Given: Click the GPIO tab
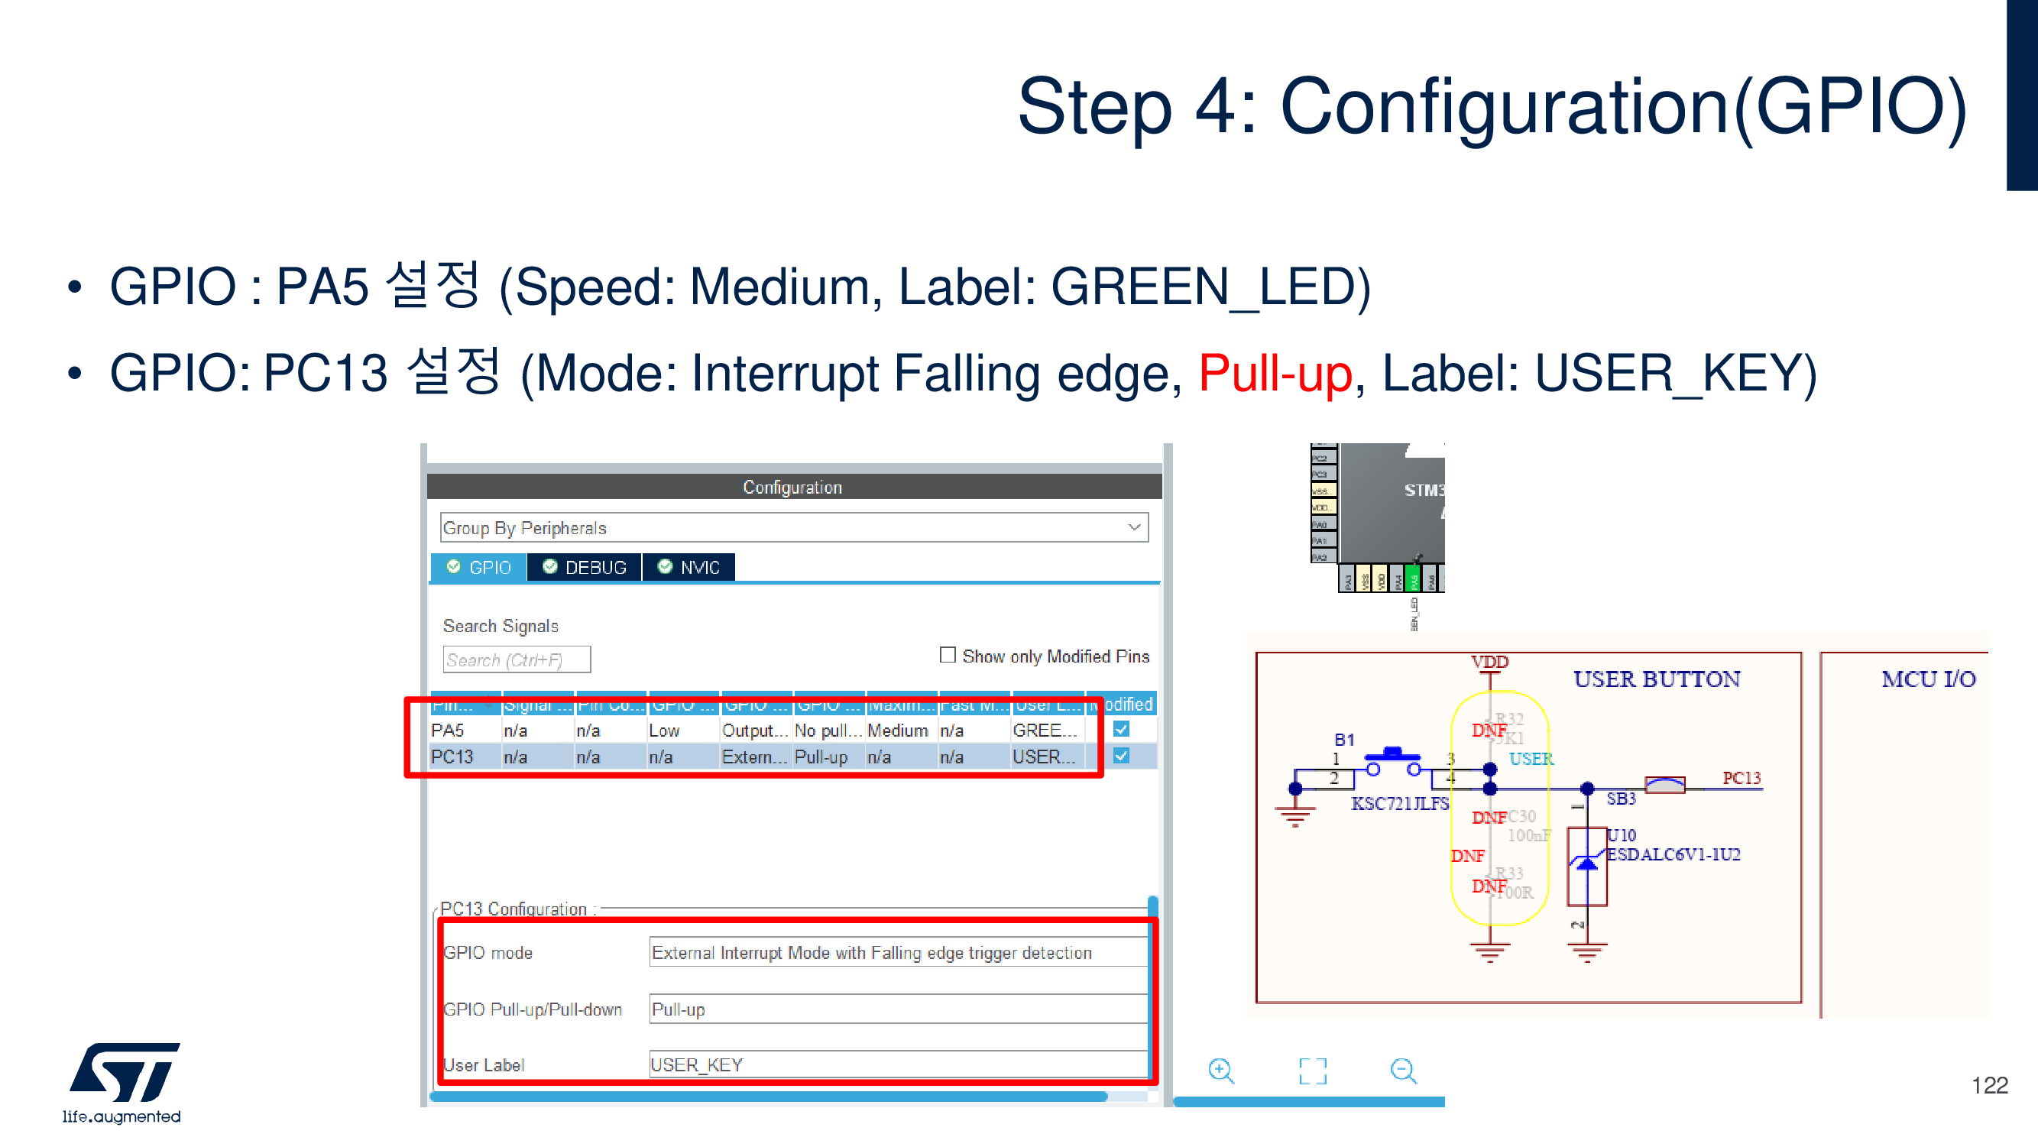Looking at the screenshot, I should tap(478, 567).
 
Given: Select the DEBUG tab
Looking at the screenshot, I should tap(585, 567).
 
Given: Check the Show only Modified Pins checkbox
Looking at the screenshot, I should tap(947, 655).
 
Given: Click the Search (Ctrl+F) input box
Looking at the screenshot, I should tap(516, 659).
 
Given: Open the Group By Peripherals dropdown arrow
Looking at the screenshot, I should tap(1134, 527).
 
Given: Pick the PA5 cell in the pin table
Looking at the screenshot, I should tap(448, 730).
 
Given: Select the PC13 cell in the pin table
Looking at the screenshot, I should tap(452, 757).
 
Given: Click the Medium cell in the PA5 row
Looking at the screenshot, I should tap(897, 730).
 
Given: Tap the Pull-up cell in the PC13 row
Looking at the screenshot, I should tap(821, 757).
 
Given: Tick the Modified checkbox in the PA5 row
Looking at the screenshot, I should tap(1121, 729).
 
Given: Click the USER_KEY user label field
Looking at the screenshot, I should tap(897, 1064).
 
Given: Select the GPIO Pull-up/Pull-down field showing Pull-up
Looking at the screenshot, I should tap(897, 1009).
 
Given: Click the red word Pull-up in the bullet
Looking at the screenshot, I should tap(1275, 374).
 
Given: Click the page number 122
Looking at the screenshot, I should tap(1989, 1085).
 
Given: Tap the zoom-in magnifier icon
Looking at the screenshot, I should tap(1221, 1071).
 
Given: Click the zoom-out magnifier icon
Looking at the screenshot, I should tap(1403, 1071).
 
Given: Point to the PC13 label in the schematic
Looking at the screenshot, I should tap(1742, 779).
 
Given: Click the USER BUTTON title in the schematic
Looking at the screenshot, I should tap(1656, 679).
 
